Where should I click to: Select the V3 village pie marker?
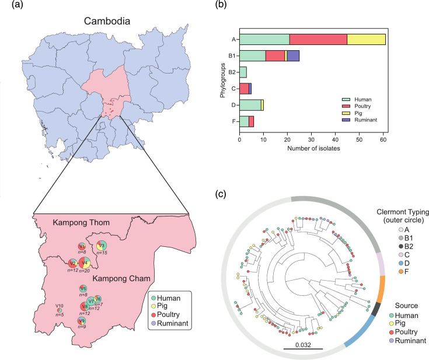click(x=102, y=244)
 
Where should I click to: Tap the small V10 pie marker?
click(x=59, y=310)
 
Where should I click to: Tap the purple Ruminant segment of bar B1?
click(x=293, y=56)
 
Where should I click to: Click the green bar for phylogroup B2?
click(x=243, y=72)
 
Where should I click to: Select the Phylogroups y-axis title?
click(x=222, y=81)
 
